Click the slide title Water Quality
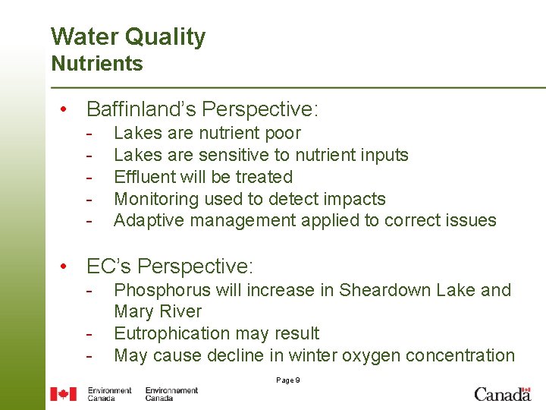[x=127, y=36]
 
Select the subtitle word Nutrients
[x=96, y=64]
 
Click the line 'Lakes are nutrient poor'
[x=207, y=134]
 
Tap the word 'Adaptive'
[x=149, y=221]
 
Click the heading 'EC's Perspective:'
[x=170, y=266]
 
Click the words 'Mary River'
[x=158, y=311]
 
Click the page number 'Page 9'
[x=287, y=380]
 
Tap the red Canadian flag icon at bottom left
[x=64, y=393]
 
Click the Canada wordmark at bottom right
[x=502, y=393]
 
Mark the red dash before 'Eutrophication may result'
[x=89, y=334]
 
